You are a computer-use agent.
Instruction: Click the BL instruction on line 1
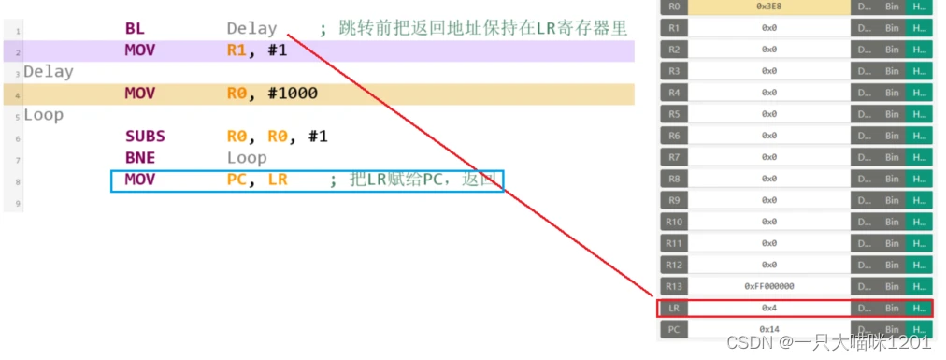coord(135,29)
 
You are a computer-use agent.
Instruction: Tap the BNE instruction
coord(139,158)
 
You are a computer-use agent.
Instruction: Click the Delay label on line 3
coord(49,72)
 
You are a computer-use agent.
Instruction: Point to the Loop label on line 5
coord(43,115)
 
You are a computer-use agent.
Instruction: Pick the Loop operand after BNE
coord(247,158)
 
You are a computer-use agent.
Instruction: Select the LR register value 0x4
coord(768,308)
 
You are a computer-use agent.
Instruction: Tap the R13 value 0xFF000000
coord(768,286)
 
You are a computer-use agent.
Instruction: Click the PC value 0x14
coord(768,329)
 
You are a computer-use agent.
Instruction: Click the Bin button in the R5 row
coord(892,114)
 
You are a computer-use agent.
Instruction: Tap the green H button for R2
coord(919,49)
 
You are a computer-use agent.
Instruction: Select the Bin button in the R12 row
coord(892,265)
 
